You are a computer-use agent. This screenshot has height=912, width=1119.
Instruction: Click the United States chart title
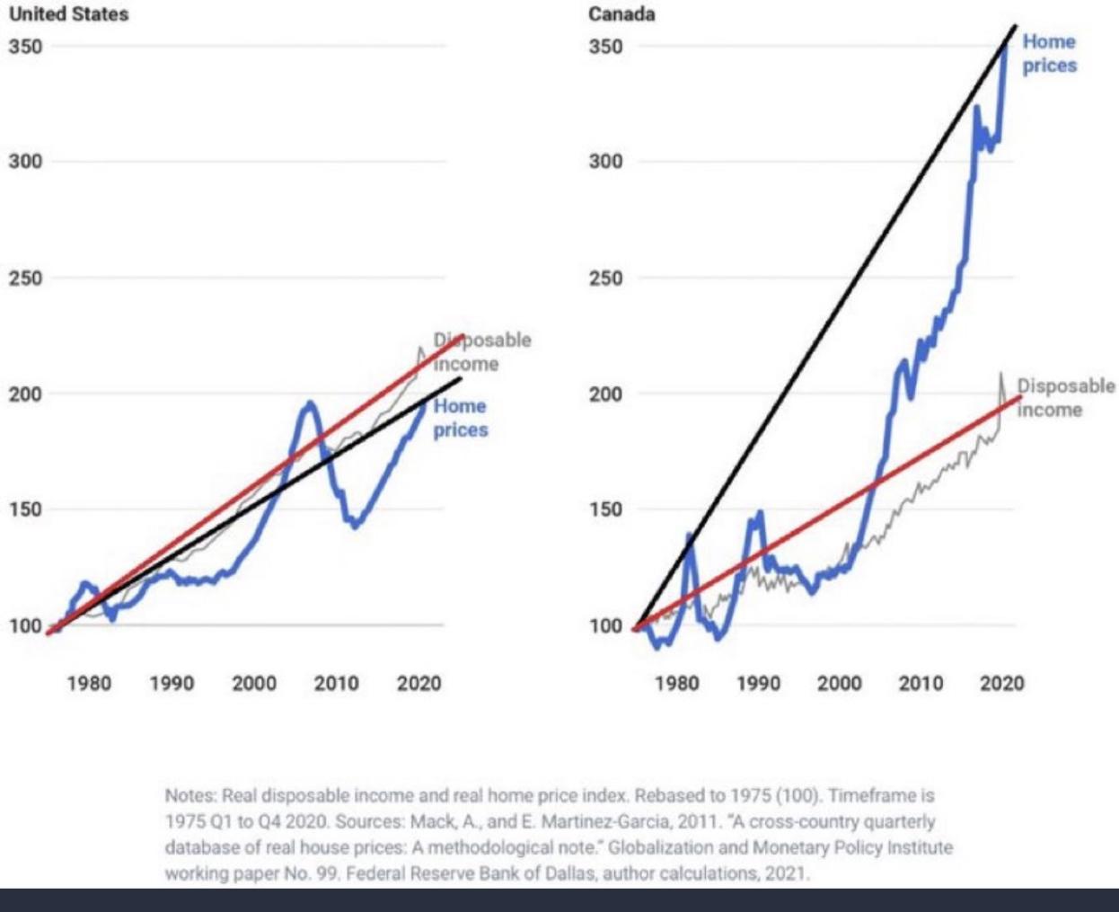coord(68,14)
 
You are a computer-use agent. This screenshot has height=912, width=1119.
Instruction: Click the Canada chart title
coord(621,14)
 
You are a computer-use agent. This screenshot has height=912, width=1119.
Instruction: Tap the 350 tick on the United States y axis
coord(25,46)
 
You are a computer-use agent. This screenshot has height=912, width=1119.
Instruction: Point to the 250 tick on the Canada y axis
coord(605,278)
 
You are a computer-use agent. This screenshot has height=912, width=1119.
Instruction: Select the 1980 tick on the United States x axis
coord(89,684)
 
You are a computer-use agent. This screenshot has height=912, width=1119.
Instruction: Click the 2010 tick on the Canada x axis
coord(921,684)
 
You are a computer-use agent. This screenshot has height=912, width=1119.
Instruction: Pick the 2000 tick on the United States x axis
coord(254,684)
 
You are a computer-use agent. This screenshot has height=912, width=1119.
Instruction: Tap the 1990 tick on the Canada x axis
coord(758,684)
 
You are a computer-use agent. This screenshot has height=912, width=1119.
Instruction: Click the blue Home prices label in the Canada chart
coord(1049,53)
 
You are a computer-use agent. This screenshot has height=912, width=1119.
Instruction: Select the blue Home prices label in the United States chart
coord(460,418)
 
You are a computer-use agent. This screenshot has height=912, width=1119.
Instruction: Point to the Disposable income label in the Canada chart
coord(1065,397)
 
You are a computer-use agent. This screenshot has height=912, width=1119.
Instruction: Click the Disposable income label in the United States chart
coord(482,351)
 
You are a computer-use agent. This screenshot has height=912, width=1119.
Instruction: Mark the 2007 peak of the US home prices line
coord(310,404)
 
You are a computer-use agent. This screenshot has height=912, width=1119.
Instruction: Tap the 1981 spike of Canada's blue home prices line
coord(690,537)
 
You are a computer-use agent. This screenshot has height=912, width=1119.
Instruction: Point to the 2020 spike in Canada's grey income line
coord(1000,375)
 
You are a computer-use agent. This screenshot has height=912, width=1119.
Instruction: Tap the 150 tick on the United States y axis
coord(25,509)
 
